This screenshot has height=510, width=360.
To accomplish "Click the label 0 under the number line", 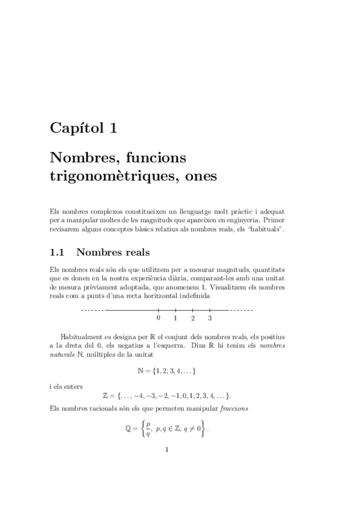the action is pos(158,318).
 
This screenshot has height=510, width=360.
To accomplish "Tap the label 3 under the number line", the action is pos(210,318).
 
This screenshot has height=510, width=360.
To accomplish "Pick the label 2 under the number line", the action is pos(192,318).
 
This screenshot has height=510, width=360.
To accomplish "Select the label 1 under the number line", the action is pos(175,318).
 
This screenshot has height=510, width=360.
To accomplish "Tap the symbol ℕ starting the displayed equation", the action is pos(141,372).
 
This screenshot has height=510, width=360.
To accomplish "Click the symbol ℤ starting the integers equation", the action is pos(107,396).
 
